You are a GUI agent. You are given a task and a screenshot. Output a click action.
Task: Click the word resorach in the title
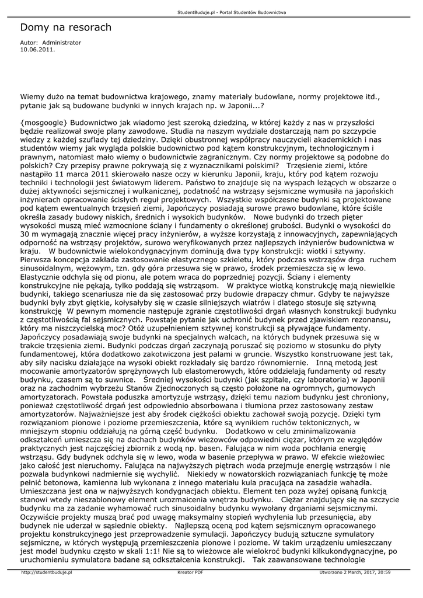pyautogui.click(x=89, y=27)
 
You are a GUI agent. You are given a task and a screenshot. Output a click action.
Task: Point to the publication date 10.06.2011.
pyautogui.click(x=38, y=50)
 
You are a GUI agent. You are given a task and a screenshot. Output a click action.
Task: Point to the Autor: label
pyautogui.click(x=29, y=43)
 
